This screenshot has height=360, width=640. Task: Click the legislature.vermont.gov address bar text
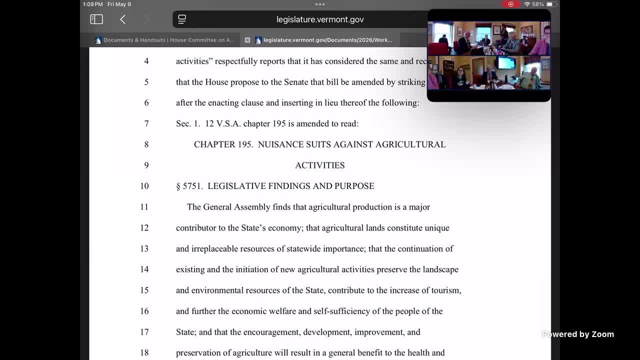pyautogui.click(x=320, y=19)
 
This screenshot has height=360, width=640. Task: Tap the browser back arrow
pyautogui.click(x=123, y=19)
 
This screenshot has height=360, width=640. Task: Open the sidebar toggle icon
pyautogui.click(x=96, y=19)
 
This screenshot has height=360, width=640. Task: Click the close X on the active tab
pyautogui.click(x=247, y=40)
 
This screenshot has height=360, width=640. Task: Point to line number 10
pyautogui.click(x=144, y=186)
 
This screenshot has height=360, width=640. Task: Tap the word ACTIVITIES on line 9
pyautogui.click(x=320, y=165)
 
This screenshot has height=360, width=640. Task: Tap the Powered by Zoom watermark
pyautogui.click(x=578, y=334)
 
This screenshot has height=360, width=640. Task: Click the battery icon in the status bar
pyautogui.click(x=549, y=4)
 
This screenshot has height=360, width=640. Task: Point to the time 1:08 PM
pyautogui.click(x=93, y=4)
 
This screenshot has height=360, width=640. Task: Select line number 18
pyautogui.click(x=144, y=353)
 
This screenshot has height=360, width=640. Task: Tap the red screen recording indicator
pyautogui.click(x=510, y=4)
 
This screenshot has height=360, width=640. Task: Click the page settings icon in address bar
pyautogui.click(x=182, y=19)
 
